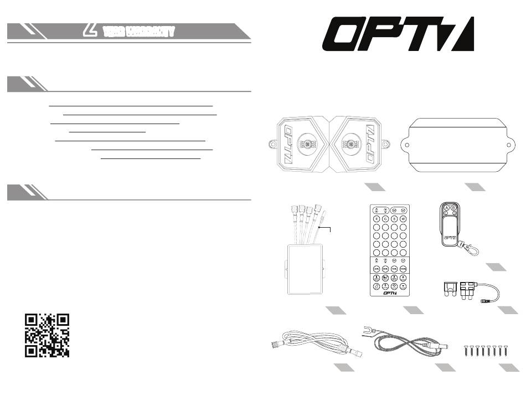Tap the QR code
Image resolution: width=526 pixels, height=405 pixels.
coord(47,336)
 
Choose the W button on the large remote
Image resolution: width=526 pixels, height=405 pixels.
coord(404,219)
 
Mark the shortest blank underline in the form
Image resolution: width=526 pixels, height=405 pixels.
coord(107,132)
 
